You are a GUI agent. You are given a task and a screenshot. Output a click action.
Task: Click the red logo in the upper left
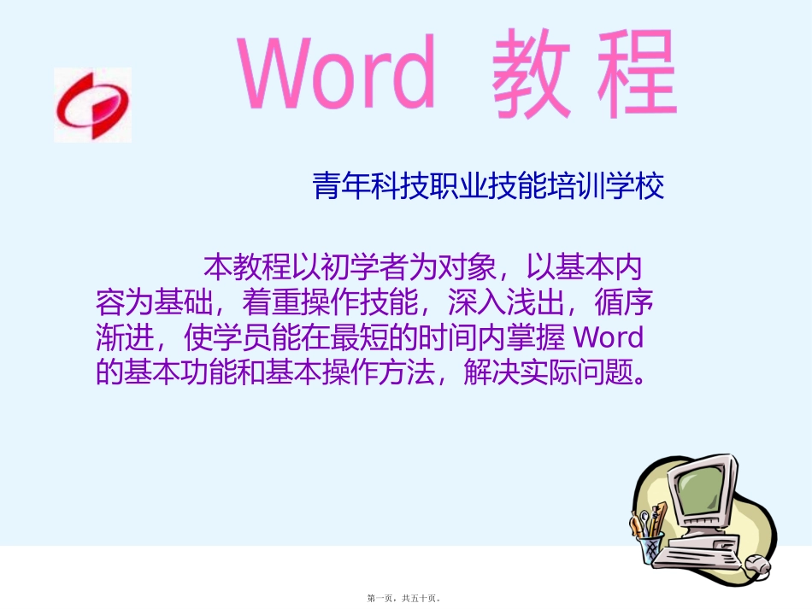point(92,104)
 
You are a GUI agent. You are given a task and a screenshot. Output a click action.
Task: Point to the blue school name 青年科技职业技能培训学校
point(488,187)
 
